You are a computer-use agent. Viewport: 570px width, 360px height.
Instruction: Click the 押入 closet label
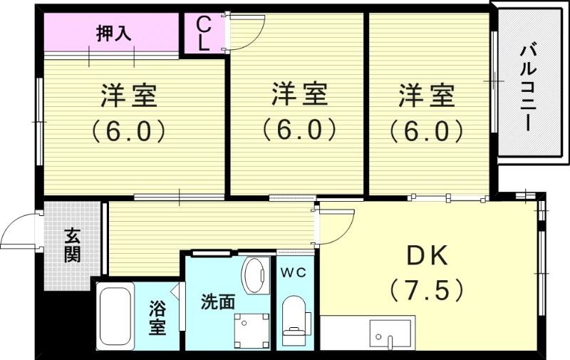pyautogui.click(x=114, y=34)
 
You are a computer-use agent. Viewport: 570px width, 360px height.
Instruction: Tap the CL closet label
pyautogui.click(x=203, y=34)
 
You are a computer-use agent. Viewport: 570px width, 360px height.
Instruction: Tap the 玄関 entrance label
pyautogui.click(x=71, y=245)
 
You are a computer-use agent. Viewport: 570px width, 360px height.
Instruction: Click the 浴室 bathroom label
pyautogui.click(x=157, y=319)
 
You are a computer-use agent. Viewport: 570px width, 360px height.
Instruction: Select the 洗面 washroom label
pyautogui.click(x=217, y=302)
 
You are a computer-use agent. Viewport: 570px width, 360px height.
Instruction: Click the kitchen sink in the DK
pyautogui.click(x=390, y=334)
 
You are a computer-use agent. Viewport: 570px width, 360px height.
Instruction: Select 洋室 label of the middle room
pyautogui.click(x=299, y=93)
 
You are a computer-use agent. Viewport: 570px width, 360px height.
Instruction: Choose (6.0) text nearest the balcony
pyautogui.click(x=427, y=130)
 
